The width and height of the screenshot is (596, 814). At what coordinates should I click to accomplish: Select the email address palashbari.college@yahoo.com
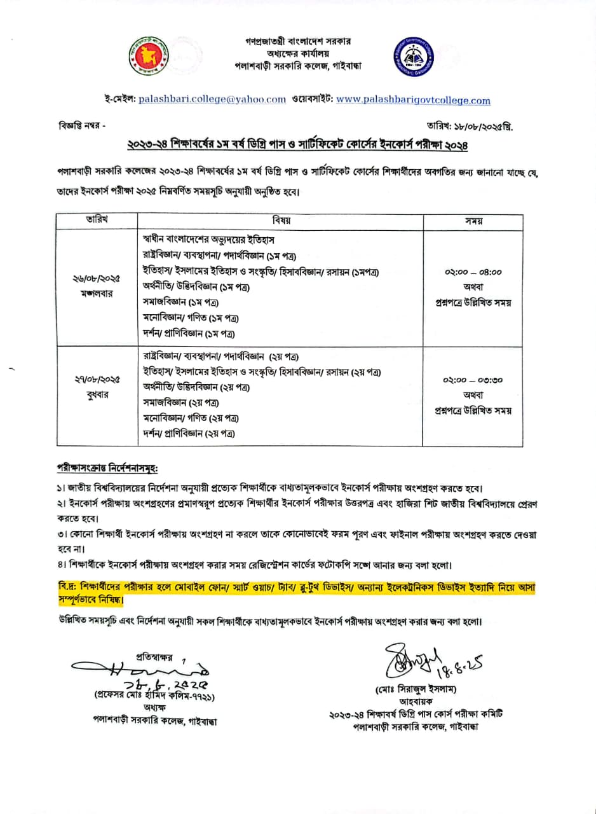[212, 99]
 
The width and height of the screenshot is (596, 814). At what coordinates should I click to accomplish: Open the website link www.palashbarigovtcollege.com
[413, 100]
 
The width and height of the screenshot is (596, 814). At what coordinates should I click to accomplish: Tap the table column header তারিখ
[97, 220]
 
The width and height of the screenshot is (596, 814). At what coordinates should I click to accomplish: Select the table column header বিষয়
[281, 220]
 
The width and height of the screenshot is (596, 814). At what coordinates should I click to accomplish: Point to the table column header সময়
[473, 221]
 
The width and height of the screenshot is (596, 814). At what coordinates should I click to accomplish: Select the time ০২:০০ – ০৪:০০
[473, 272]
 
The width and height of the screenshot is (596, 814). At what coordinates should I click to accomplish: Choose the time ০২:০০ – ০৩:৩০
[473, 380]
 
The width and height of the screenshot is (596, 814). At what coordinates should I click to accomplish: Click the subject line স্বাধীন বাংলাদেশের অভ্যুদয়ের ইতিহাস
[208, 239]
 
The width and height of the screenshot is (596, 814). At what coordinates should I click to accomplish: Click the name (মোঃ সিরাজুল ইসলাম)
[416, 689]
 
